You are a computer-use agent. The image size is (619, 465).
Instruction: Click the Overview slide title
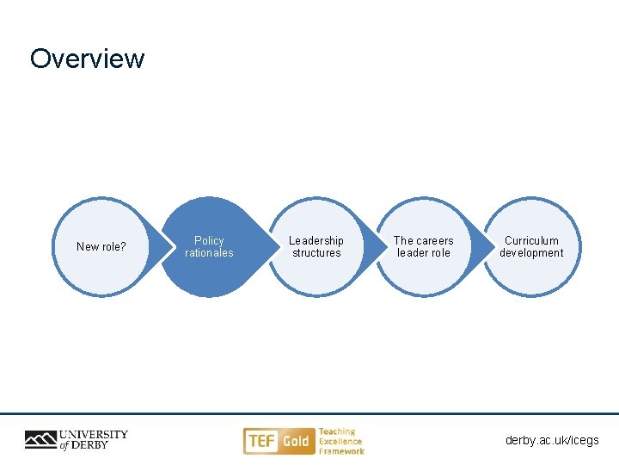pyautogui.click(x=87, y=59)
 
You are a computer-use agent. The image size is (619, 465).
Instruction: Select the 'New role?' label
pyautogui.click(x=101, y=247)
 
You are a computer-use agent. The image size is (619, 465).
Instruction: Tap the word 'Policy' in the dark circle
pyautogui.click(x=209, y=241)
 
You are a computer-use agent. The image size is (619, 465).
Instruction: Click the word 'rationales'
pyautogui.click(x=209, y=253)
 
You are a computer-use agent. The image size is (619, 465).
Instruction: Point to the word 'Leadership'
pyautogui.click(x=316, y=241)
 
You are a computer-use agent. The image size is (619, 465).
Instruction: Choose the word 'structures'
pyautogui.click(x=316, y=253)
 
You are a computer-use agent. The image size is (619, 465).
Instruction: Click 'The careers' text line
pyautogui.click(x=423, y=241)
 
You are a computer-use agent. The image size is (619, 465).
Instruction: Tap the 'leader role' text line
pyautogui.click(x=423, y=253)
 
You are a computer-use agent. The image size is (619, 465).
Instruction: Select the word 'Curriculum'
pyautogui.click(x=531, y=241)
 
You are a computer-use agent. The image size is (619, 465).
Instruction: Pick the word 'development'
pyautogui.click(x=531, y=253)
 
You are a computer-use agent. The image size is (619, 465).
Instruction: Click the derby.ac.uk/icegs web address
pyautogui.click(x=552, y=440)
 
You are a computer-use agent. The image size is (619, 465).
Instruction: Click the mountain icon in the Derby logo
pyautogui.click(x=40, y=440)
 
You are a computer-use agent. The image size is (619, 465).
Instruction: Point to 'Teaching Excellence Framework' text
pyautogui.click(x=341, y=441)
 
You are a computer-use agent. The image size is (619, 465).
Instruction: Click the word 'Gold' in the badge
pyautogui.click(x=296, y=442)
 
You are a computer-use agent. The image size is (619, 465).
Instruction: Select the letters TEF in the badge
pyautogui.click(x=261, y=442)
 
